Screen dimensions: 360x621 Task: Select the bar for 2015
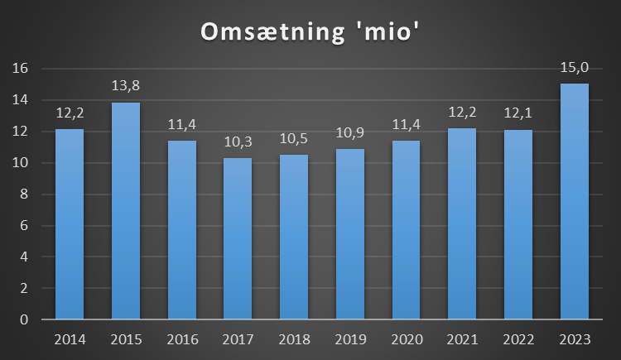coord(126,211)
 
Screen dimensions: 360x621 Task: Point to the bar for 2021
coord(462,223)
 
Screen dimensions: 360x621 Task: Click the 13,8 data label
coord(126,86)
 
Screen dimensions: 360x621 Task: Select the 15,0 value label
coord(575,67)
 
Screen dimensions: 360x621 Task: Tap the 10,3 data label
coord(238,142)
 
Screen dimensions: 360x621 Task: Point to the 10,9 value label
coord(350,132)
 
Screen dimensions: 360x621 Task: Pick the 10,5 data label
coord(294,138)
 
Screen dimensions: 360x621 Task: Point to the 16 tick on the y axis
coord(22,69)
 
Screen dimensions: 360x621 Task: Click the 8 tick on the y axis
coord(26,194)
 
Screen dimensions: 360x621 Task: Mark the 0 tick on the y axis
coord(26,319)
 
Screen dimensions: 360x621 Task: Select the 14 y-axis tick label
coord(22,100)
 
